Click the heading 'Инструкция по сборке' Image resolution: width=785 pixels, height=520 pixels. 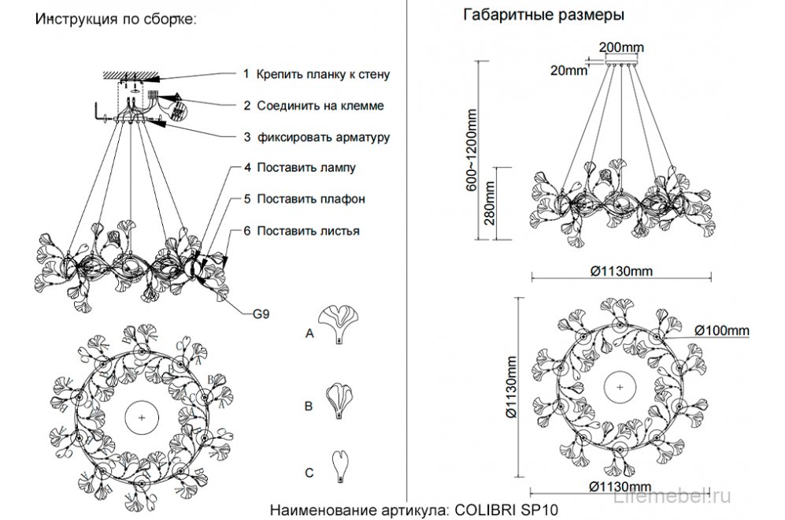tap(114, 20)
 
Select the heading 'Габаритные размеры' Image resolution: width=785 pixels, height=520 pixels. tap(544, 15)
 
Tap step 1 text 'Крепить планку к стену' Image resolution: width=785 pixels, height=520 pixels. tap(317, 74)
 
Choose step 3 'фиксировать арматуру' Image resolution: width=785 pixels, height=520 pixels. tap(317, 137)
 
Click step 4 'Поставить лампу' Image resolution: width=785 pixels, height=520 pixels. tap(300, 168)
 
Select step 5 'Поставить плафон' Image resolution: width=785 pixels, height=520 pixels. tap(304, 199)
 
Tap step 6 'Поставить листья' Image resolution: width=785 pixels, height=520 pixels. tap(302, 231)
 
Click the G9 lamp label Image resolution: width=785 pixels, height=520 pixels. tap(262, 313)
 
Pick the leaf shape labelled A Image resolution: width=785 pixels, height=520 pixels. tap(339, 324)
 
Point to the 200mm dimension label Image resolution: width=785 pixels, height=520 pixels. tap(620, 46)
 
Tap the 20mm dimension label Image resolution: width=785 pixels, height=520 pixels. tap(568, 70)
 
